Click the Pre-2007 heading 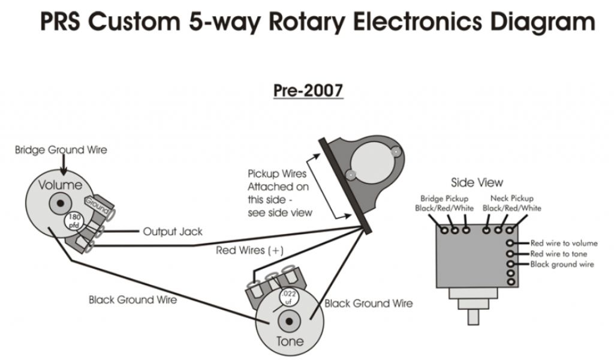[x=308, y=91]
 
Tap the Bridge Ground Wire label [x=61, y=149]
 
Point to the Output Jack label [x=173, y=231]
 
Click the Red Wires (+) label [x=250, y=250]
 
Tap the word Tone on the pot [x=289, y=341]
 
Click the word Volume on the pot [x=61, y=185]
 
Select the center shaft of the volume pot [x=60, y=203]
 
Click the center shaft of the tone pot [x=290, y=322]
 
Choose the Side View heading [x=477, y=182]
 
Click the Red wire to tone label [x=558, y=254]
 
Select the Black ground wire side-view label [x=562, y=264]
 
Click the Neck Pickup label [x=511, y=199]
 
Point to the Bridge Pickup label [x=444, y=199]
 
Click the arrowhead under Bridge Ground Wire [x=62, y=170]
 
